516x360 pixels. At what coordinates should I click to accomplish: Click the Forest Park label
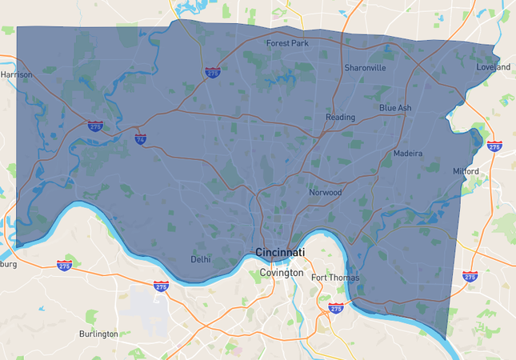288,43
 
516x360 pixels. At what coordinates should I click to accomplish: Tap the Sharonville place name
365,68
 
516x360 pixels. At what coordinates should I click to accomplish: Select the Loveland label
493,67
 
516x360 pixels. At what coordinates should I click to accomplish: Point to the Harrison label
17,74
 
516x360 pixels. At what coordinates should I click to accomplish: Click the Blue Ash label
395,107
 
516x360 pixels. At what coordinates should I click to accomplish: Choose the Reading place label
340,118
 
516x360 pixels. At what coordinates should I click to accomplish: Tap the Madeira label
407,153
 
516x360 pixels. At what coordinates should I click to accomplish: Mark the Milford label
466,171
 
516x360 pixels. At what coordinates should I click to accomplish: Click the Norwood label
326,192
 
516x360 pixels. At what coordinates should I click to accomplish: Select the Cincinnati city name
280,252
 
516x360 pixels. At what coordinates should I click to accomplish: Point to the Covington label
282,273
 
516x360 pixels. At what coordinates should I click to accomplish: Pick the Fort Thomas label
335,278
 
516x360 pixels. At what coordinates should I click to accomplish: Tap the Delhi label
201,259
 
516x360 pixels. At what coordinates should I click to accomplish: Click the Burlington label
98,334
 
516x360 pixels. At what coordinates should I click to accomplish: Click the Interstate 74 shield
141,138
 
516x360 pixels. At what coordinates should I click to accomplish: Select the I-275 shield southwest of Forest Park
212,72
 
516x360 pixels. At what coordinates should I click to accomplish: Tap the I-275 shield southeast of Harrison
95,126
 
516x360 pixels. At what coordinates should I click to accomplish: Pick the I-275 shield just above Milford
494,146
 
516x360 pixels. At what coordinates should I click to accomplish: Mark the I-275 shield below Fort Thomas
335,307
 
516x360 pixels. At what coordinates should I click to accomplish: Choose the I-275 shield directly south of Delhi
161,286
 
